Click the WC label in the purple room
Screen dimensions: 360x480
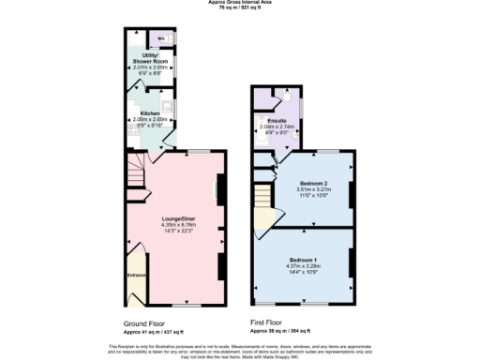point(160,38)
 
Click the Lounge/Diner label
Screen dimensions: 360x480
point(177,217)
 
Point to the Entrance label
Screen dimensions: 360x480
point(136,275)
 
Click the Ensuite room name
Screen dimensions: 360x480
point(277,121)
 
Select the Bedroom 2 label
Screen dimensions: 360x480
point(313,182)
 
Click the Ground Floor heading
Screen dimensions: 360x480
point(145,322)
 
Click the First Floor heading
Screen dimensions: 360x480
point(268,322)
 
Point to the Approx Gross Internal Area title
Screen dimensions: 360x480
point(239,3)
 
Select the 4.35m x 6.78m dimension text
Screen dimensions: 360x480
point(177,224)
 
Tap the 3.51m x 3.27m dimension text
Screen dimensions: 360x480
point(313,188)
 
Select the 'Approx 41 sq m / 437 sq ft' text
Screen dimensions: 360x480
point(154,332)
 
